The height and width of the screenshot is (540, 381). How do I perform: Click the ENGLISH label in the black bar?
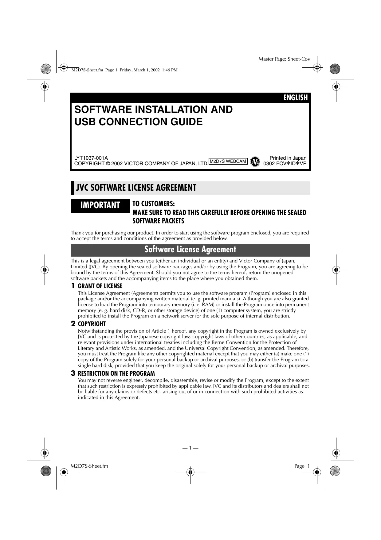(x=295, y=98)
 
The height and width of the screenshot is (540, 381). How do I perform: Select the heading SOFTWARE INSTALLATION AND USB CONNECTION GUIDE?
(x=154, y=115)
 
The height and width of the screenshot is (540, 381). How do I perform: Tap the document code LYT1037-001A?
(x=91, y=158)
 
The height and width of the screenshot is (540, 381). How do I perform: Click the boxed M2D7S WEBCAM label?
(x=228, y=161)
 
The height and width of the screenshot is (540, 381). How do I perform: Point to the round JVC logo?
(x=254, y=162)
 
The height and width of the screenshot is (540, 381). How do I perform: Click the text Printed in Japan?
(x=288, y=158)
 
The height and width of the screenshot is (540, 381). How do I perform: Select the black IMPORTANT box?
(x=100, y=205)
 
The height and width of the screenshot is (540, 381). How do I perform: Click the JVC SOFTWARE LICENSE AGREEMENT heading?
(x=136, y=188)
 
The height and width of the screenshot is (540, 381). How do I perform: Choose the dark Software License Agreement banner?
(x=190, y=250)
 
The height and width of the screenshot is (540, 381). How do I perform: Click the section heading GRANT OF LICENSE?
(x=100, y=286)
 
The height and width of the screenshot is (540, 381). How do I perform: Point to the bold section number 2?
(x=73, y=324)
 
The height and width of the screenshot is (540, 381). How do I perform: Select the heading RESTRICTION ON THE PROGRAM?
(x=116, y=374)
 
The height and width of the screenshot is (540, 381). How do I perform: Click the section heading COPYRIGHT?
(x=92, y=324)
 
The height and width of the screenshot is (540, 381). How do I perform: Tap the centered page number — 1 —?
(x=190, y=448)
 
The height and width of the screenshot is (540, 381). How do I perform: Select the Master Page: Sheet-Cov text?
(x=284, y=59)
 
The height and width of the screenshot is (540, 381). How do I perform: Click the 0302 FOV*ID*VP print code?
(x=285, y=163)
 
